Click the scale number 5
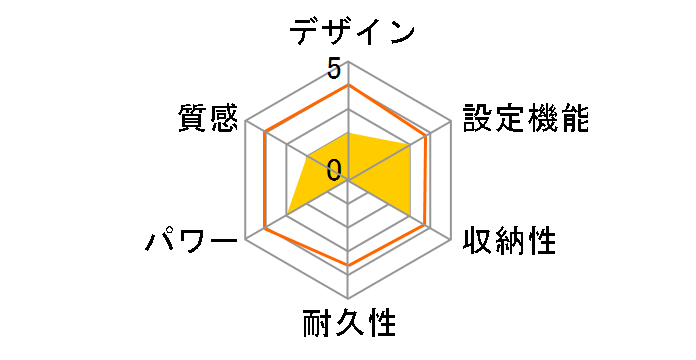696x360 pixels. coord(334,70)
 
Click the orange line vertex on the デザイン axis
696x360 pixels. coord(348,85)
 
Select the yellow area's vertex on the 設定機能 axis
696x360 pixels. coord(412,144)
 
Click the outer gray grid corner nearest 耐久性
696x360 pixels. coord(348,298)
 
